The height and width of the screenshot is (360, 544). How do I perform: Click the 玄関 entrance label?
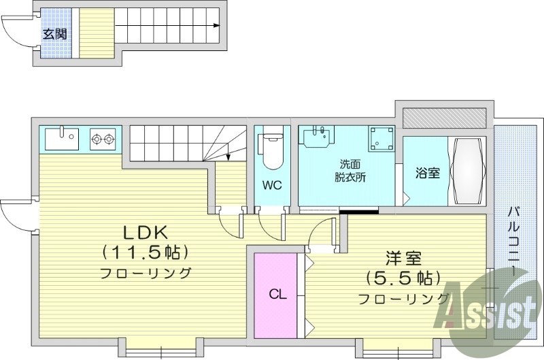coord(56,33)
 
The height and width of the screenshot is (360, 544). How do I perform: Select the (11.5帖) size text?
coord(145,252)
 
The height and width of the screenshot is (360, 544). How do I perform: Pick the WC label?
coord(273,185)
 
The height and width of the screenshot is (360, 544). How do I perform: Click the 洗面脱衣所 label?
coord(350,170)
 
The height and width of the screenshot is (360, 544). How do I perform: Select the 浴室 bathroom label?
coord(428,173)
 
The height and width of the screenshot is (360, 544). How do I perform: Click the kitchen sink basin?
coord(62,139)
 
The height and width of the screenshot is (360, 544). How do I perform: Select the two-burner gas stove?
coord(104,140)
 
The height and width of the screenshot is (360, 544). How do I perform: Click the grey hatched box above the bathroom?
coord(443,117)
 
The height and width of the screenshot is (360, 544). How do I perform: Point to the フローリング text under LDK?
coord(145,274)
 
